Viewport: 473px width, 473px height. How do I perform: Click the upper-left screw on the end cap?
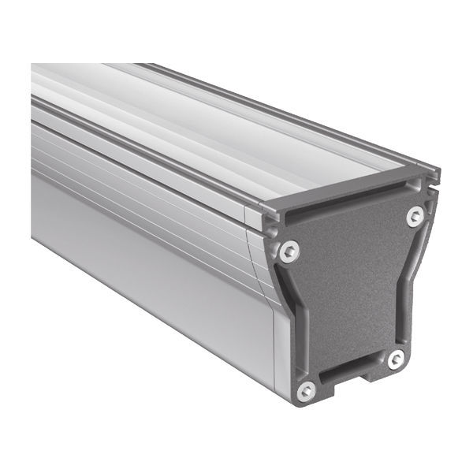click(290, 251)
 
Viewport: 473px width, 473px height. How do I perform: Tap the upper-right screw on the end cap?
click(415, 215)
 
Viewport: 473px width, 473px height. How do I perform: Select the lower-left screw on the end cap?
click(307, 389)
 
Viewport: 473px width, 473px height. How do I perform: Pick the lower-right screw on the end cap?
click(396, 359)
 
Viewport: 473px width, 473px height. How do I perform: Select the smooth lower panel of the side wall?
click(142, 268)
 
